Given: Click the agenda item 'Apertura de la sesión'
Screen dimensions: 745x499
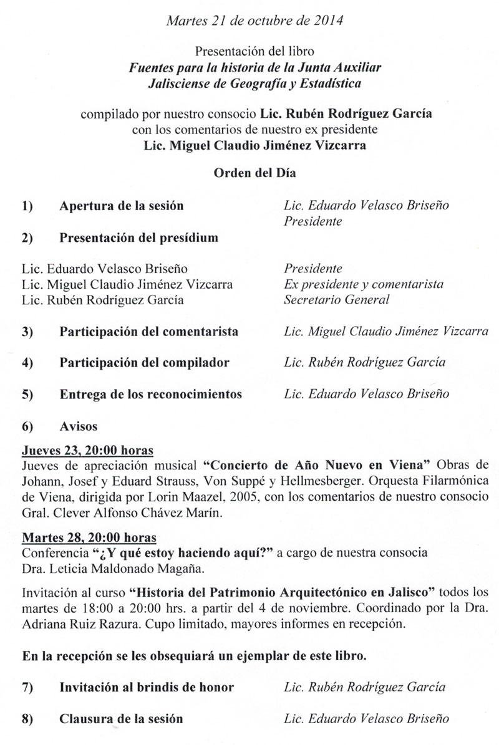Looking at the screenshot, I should [x=122, y=206].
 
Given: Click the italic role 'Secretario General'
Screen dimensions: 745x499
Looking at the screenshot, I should [x=336, y=300].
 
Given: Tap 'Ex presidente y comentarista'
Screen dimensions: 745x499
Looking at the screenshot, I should [x=363, y=284].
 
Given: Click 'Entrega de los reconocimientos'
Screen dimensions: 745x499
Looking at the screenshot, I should [x=150, y=395].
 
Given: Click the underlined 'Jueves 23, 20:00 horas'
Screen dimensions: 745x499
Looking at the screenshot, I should [x=87, y=450].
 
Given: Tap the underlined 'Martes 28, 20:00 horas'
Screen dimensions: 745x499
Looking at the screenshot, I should [x=89, y=537].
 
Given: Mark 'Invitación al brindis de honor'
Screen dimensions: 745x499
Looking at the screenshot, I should [x=147, y=688].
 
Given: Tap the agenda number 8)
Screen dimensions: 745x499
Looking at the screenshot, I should [x=27, y=719].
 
